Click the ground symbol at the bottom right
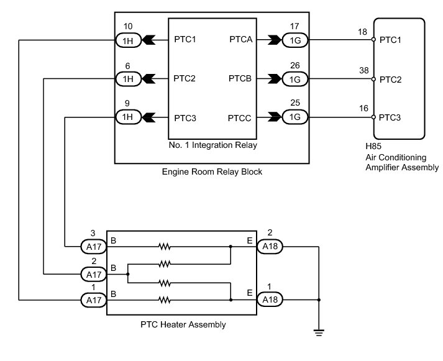click(x=319, y=332)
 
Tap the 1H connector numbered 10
click(x=128, y=40)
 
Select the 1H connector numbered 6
click(x=128, y=79)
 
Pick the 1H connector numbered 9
click(x=128, y=117)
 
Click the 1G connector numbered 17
click(x=295, y=40)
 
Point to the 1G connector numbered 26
click(x=295, y=79)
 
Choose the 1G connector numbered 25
click(x=295, y=117)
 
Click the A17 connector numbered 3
click(x=94, y=247)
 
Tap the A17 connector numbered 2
click(x=94, y=274)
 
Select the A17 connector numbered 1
click(x=94, y=300)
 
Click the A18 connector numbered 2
click(x=270, y=246)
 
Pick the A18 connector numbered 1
click(x=270, y=299)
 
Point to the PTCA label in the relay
click(x=240, y=39)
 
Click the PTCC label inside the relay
click(x=239, y=118)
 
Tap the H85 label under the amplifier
click(x=373, y=146)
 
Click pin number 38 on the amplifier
click(x=364, y=70)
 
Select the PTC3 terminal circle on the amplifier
click(x=373, y=117)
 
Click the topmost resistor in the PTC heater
click(x=165, y=247)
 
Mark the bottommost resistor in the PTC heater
click(x=165, y=300)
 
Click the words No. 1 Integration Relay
click(x=212, y=145)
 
